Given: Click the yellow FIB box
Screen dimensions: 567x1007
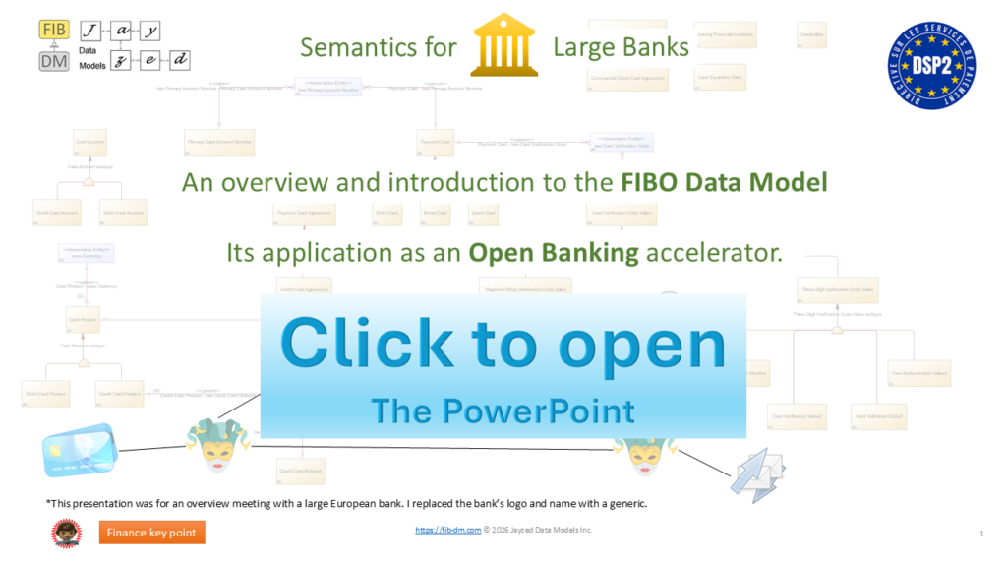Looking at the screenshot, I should (x=54, y=30).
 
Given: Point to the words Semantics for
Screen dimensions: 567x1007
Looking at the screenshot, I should (x=379, y=47).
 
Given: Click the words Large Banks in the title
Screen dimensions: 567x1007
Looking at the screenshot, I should (x=621, y=47).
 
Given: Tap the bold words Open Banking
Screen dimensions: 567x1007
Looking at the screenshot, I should (x=554, y=253).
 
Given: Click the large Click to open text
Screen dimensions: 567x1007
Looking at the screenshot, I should (x=503, y=345).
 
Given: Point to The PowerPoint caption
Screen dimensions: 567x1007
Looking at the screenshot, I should (x=503, y=409).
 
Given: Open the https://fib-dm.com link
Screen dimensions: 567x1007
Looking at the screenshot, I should (x=447, y=530).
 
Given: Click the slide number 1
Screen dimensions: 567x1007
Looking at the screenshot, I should (x=981, y=533).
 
